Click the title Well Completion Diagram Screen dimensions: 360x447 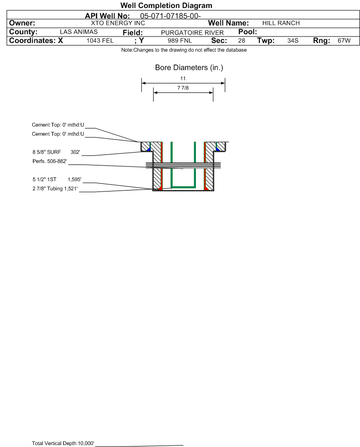pyautogui.click(x=166, y=5)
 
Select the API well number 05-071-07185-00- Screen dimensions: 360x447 pyautogui.click(x=170, y=16)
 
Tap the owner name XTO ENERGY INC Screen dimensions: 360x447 pyautogui.click(x=118, y=23)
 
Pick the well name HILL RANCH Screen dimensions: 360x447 pyautogui.click(x=281, y=23)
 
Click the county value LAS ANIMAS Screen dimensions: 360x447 pyautogui.click(x=79, y=32)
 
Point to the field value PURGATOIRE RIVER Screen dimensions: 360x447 pyautogui.click(x=192, y=33)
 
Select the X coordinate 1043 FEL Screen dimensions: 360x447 pyautogui.click(x=100, y=41)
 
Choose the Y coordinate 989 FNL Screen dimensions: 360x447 pyautogui.click(x=180, y=41)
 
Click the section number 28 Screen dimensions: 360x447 pyautogui.click(x=241, y=41)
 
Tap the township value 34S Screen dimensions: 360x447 pyautogui.click(x=293, y=41)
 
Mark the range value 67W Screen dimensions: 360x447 pyautogui.click(x=344, y=41)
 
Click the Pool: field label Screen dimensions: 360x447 pyautogui.click(x=248, y=32)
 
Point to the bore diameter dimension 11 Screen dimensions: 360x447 pyautogui.click(x=183, y=78)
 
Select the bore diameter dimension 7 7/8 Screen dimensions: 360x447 pyautogui.click(x=183, y=88)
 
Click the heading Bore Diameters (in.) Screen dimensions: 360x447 pyautogui.click(x=189, y=68)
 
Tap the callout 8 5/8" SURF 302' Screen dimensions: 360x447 pyautogui.click(x=56, y=152)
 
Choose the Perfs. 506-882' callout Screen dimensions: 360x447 pyautogui.click(x=50, y=161)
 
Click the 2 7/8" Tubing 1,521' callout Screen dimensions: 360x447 pyautogui.click(x=55, y=189)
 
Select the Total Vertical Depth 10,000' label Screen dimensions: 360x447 pyautogui.click(x=63, y=443)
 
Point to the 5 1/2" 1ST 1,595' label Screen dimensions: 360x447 pyautogui.click(x=57, y=180)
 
